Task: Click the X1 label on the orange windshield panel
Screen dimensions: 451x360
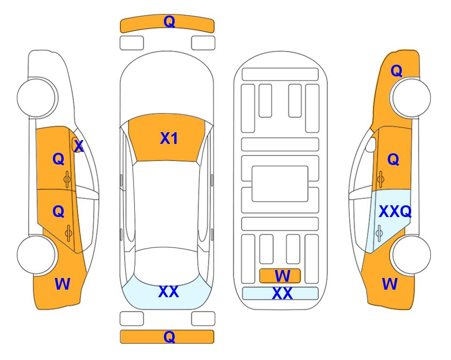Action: pos(169,138)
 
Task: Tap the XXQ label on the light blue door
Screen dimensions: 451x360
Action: pos(395,212)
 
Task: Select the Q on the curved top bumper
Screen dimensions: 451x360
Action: pos(169,22)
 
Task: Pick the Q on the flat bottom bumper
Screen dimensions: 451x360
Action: pos(169,337)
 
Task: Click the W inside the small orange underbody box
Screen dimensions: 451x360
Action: pos(282,276)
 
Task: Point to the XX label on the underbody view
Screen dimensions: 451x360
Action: pos(282,293)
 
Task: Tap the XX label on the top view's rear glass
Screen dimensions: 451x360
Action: pos(169,292)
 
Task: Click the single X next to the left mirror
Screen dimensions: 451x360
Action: pos(79,146)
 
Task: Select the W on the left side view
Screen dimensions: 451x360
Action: pos(62,284)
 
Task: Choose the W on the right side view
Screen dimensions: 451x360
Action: pos(390,284)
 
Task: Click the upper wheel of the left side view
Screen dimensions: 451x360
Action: pos(37,97)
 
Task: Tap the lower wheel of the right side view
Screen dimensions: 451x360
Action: pos(411,255)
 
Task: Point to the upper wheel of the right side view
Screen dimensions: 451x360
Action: pos(411,97)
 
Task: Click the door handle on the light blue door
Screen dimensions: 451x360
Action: pos(379,233)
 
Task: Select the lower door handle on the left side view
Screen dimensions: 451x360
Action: pos(68,233)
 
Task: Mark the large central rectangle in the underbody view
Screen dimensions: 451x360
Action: pos(280,184)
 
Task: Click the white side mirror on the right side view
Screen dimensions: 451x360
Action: pos(371,144)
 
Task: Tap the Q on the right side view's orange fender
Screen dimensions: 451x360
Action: pos(396,71)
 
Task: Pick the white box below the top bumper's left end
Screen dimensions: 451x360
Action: pos(132,43)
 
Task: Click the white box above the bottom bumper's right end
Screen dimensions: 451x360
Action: pos(203,319)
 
